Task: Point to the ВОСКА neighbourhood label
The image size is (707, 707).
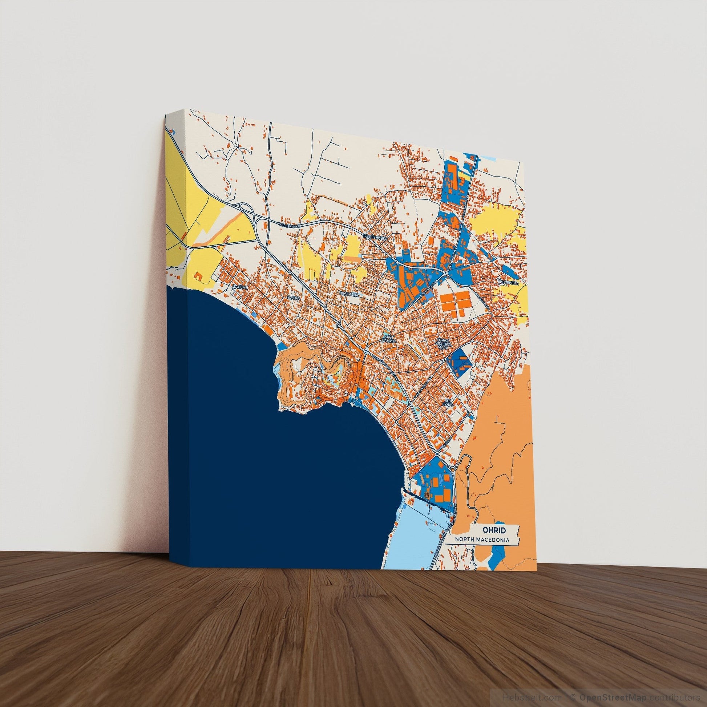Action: [294, 298]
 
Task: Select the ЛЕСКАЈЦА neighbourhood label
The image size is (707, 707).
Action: [348, 294]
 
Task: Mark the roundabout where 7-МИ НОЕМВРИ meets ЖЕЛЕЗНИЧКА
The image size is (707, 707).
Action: [445, 273]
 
